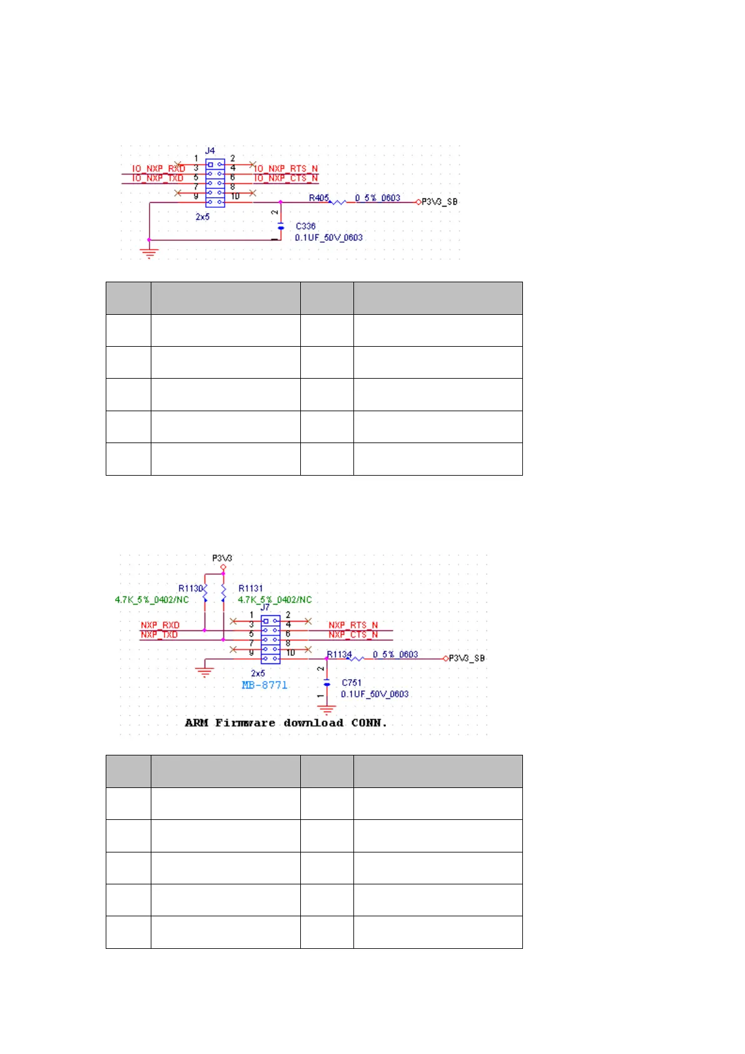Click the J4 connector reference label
tap(210, 151)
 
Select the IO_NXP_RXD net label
tap(158, 168)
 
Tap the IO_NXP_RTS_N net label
tap(286, 168)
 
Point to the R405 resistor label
tap(318, 198)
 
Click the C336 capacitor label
tap(306, 226)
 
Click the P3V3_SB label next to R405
tap(439, 202)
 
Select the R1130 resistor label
tap(190, 588)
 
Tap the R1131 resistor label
tap(251, 588)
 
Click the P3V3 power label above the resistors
tap(222, 558)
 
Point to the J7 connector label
tap(265, 607)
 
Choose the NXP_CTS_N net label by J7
tap(353, 635)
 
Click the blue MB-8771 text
tap(265, 685)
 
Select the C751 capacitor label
tap(352, 683)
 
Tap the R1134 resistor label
tap(340, 654)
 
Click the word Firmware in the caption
tap(245, 723)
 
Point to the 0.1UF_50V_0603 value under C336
tap(329, 238)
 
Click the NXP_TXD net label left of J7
tap(160, 635)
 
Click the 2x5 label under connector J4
tap(203, 217)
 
